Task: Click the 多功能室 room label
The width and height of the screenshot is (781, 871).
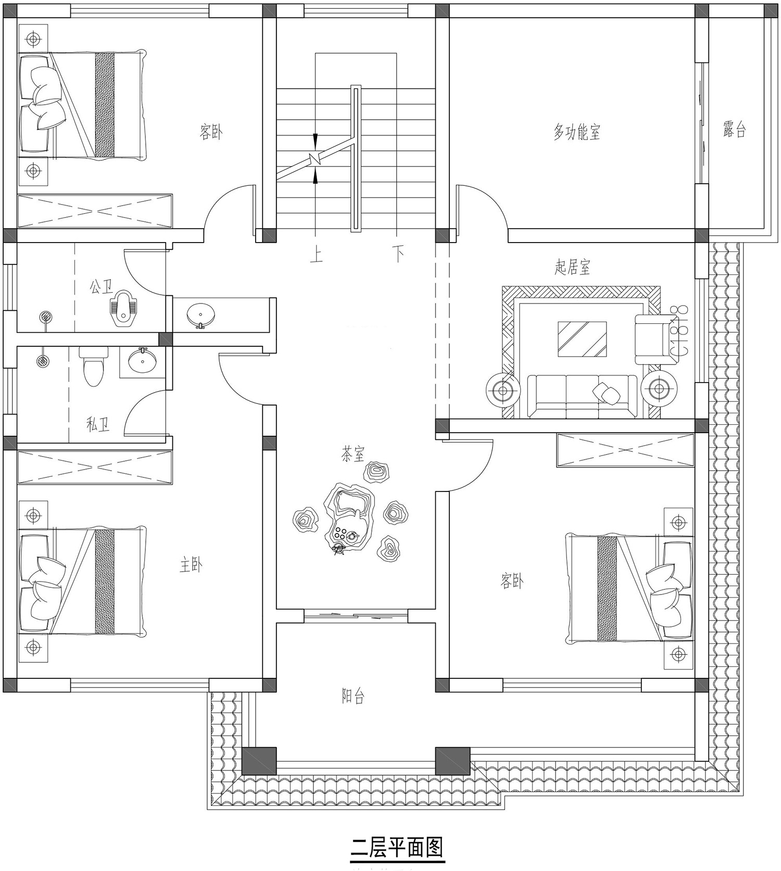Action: (576, 132)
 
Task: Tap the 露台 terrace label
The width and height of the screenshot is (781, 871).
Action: (734, 129)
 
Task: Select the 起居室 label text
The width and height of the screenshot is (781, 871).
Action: (572, 268)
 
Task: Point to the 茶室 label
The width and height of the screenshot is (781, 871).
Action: (352, 455)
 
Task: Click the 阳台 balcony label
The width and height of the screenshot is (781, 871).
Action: (352, 696)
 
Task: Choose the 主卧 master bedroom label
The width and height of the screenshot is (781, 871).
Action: (191, 565)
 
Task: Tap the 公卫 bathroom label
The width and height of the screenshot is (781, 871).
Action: (101, 286)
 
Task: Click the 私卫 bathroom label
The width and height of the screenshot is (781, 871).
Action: (98, 425)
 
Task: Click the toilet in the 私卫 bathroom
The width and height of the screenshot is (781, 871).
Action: (93, 367)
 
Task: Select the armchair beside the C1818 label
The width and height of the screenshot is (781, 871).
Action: (652, 339)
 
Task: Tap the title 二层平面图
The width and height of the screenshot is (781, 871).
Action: (397, 847)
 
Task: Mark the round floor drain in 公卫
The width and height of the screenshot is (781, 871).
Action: (46, 316)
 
